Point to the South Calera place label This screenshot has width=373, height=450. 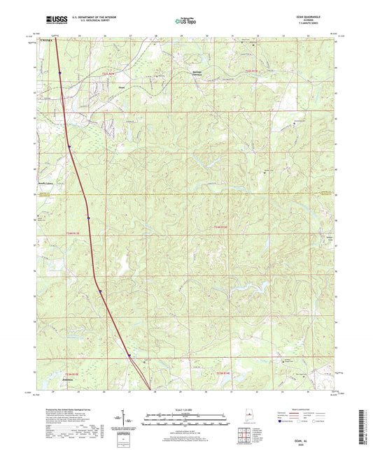click(47, 184)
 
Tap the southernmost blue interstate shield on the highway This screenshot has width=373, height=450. click(129, 356)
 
